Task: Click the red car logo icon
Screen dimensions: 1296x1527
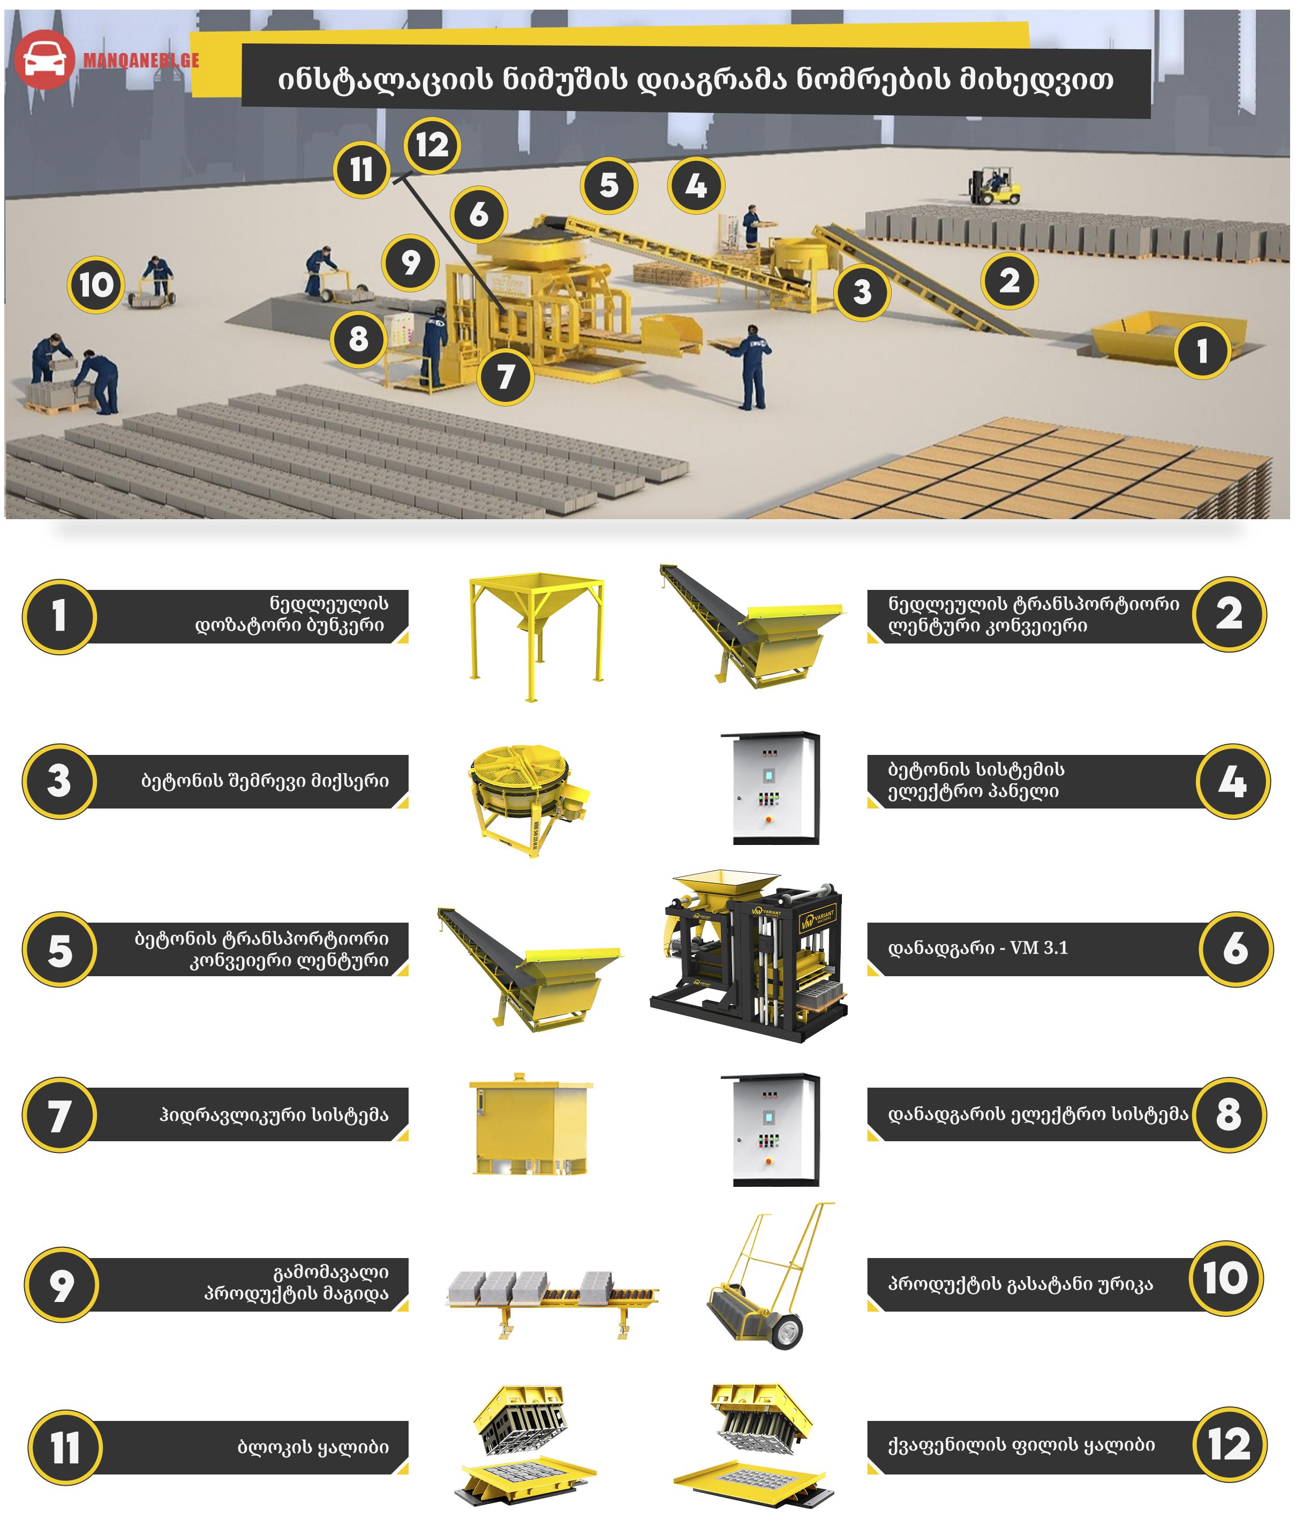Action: click(44, 59)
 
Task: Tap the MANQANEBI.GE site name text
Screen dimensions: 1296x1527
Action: click(141, 60)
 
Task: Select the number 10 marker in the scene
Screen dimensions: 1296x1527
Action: click(95, 285)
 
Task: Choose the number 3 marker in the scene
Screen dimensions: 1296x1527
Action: click(862, 291)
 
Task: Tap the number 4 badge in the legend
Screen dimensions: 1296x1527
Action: click(1233, 781)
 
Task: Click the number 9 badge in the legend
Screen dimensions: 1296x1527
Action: click(62, 1284)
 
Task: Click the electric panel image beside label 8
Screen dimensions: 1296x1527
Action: click(770, 1129)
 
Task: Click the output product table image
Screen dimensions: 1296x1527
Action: click(553, 1304)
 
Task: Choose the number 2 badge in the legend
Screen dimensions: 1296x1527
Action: click(1229, 613)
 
